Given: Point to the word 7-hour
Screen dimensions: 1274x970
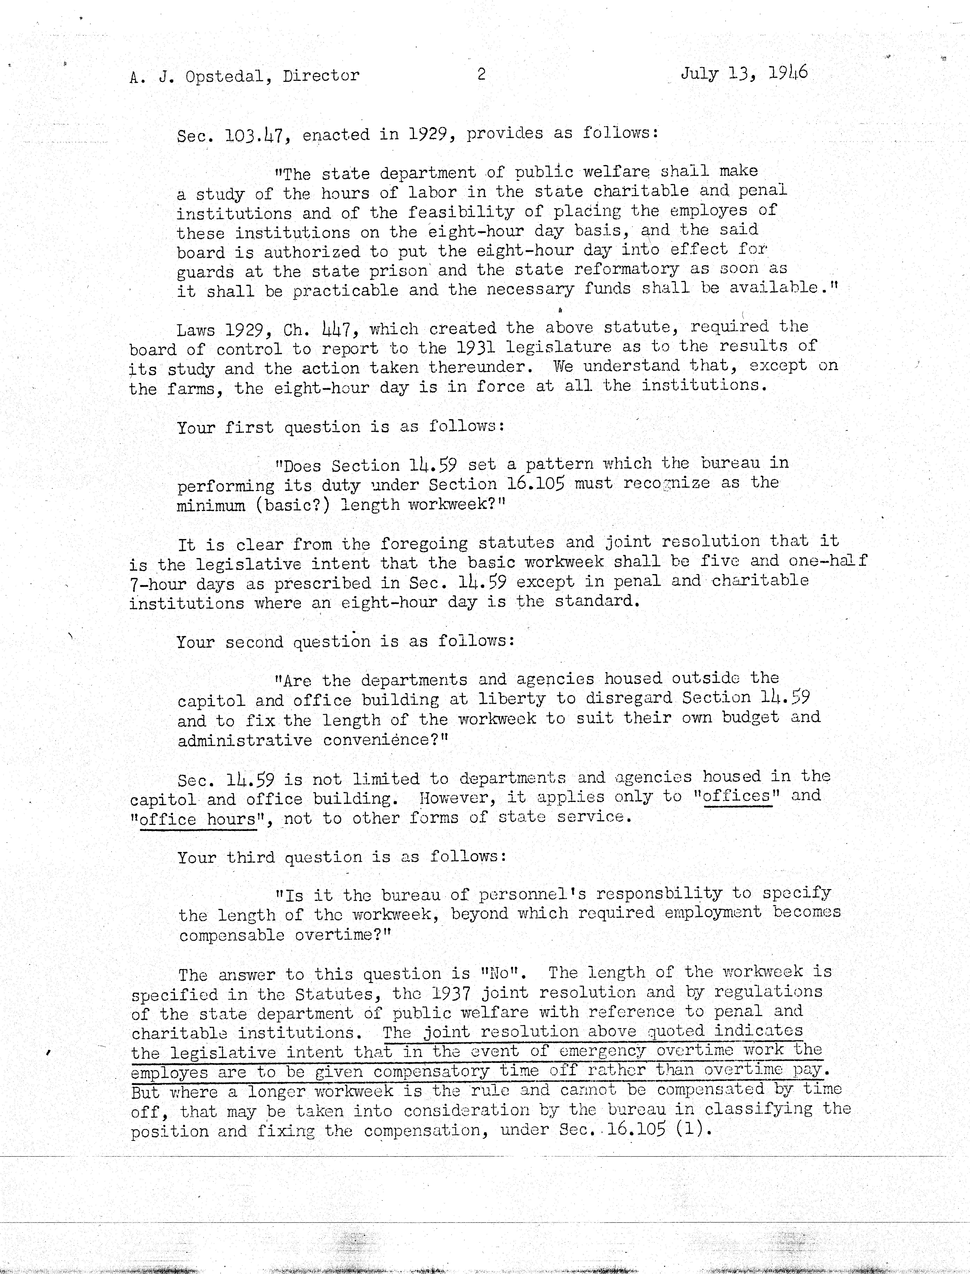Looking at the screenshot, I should [x=157, y=584].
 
